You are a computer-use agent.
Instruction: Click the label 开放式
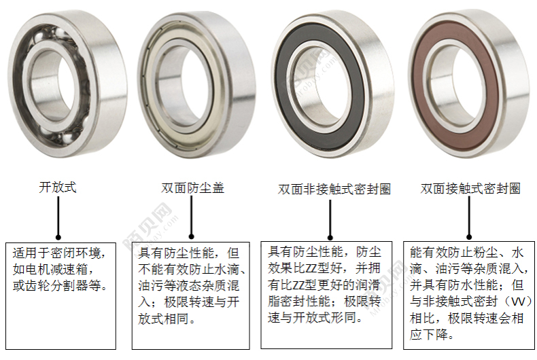point(58,187)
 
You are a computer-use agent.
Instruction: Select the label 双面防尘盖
point(193,188)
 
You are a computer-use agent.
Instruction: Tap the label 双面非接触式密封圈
point(334,189)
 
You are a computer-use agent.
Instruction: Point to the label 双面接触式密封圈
point(470,189)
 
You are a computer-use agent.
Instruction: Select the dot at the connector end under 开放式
point(58,237)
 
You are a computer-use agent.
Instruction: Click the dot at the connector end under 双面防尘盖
point(192,236)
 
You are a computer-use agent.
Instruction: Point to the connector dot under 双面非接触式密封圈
point(330,238)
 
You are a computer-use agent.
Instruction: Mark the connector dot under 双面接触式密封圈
point(469,237)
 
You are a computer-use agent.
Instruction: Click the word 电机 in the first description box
point(38,270)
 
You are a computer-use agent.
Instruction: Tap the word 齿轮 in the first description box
point(38,286)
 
